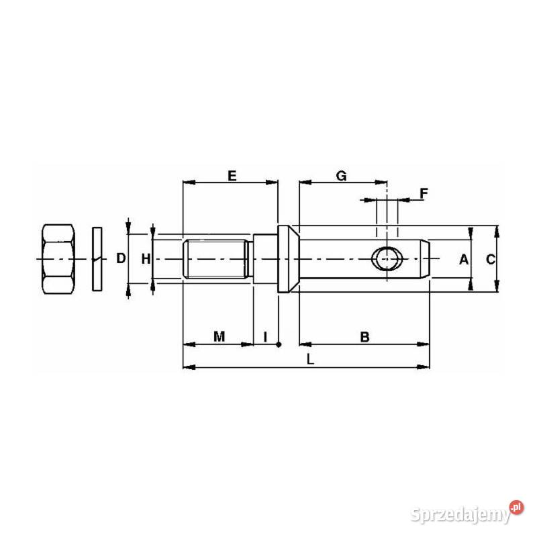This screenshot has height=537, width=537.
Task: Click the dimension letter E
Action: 232,176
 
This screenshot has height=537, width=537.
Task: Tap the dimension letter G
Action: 341,176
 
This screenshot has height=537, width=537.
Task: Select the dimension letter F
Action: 423,193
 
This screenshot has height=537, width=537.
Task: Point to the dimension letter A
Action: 463,260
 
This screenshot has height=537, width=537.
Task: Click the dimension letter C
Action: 490,260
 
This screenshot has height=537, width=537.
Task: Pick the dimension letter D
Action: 121,258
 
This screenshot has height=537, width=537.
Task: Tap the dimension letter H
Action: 145,258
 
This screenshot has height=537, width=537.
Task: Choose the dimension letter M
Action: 219,336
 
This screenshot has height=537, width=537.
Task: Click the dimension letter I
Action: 265,336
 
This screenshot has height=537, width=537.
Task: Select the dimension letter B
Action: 364,336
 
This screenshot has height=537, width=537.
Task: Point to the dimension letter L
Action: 309,359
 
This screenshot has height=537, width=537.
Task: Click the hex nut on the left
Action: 58,258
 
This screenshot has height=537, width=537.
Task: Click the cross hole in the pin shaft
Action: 388,258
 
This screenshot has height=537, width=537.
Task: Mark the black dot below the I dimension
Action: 279,344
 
